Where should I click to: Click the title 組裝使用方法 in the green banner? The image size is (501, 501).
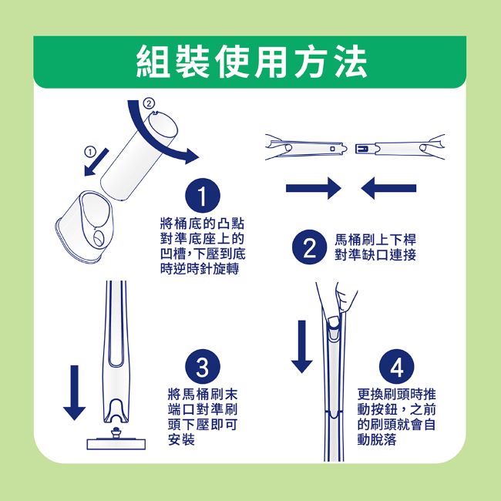pos(251,62)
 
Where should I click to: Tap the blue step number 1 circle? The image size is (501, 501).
pos(203,196)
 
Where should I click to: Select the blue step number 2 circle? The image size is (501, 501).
pos(309,247)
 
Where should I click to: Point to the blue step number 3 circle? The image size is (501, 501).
pos(203,366)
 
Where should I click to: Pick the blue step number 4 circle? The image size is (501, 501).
pos(396,366)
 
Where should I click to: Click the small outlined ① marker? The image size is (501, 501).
pos(90,152)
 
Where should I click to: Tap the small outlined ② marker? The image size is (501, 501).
pos(149,103)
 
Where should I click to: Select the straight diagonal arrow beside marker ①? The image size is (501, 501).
pos(96,162)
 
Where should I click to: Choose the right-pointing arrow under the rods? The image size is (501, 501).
pos(314,188)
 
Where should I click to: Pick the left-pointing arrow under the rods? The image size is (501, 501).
pos(388,188)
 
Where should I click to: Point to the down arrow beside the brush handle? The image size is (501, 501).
pos(74,392)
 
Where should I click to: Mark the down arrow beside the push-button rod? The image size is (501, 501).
pos(301,346)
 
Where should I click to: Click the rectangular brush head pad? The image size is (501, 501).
pos(116,444)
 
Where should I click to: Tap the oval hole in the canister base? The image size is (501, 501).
pos(98,239)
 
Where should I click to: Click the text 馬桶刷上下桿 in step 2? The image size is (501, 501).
pos(375,240)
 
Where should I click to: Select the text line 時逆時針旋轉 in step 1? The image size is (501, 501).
pos(200,269)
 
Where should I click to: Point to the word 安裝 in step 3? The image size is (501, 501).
pos(181,440)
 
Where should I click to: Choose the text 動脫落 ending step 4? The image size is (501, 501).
pos(377,440)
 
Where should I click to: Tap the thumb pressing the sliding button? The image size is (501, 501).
pos(334,324)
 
